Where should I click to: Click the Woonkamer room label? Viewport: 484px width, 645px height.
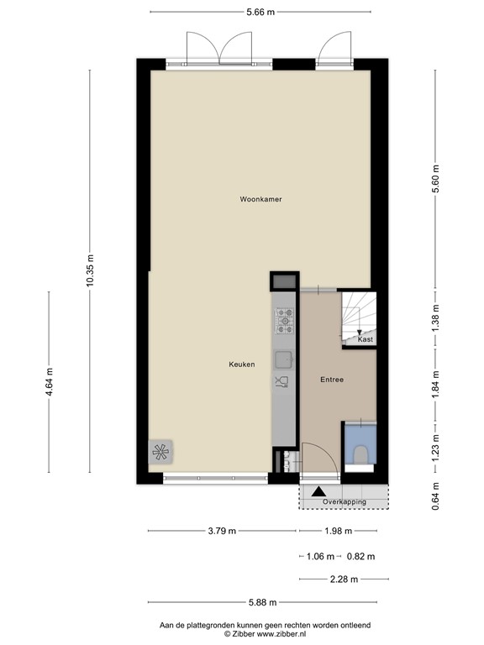260,199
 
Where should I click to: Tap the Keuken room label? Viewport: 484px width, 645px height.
242,364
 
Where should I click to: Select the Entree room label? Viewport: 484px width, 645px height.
332,380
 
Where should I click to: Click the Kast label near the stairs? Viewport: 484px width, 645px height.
365,339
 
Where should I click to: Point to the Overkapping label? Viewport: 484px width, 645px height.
345,502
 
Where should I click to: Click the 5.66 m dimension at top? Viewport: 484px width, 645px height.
260,12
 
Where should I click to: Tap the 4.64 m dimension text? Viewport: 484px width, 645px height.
49,383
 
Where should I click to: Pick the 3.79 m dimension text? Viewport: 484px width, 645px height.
223,531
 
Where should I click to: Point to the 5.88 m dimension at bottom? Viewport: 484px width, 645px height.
261,602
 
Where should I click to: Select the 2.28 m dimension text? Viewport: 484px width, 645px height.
344,579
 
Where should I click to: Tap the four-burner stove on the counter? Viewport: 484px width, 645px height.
285,317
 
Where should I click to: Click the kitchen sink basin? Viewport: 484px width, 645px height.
284,359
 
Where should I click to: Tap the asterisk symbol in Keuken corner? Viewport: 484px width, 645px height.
160,453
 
